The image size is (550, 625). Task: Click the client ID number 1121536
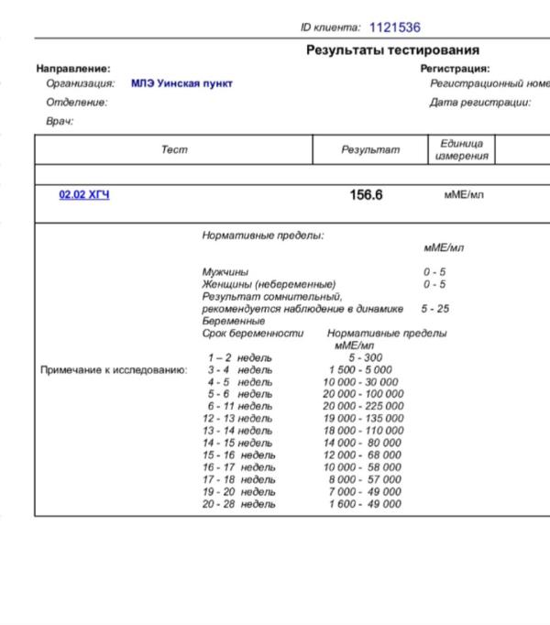(x=394, y=28)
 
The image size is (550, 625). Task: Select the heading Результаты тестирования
(x=392, y=50)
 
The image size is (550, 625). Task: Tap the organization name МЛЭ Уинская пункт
(x=181, y=83)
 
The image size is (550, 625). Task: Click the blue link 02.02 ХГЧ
(x=83, y=195)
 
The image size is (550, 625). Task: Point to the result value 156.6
(x=366, y=195)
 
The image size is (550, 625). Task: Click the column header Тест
(x=174, y=150)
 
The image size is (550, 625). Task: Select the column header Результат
(x=370, y=150)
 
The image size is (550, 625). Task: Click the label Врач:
(x=60, y=121)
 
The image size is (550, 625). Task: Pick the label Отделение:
(x=76, y=103)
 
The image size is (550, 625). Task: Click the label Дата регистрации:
(x=480, y=103)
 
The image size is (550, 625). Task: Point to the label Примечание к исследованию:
(x=114, y=370)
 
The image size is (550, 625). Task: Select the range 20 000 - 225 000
(x=363, y=406)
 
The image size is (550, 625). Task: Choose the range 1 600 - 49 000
(x=364, y=503)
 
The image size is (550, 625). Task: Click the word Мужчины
(x=225, y=272)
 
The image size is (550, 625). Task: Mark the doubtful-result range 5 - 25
(x=435, y=309)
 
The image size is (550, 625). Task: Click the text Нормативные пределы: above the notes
(x=262, y=236)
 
